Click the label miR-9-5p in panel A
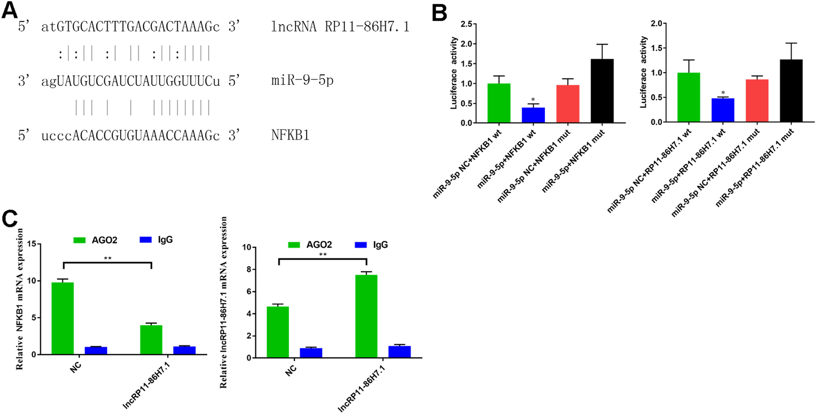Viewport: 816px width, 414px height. pyautogui.click(x=302, y=81)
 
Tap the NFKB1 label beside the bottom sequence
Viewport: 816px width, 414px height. pyautogui.click(x=290, y=135)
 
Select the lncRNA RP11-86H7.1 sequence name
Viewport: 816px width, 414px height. pyautogui.click(x=340, y=27)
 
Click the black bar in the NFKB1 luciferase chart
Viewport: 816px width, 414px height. pyautogui.click(x=602, y=91)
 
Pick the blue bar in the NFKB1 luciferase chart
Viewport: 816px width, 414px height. pyautogui.click(x=533, y=115)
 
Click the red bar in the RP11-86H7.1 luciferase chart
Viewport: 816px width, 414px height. pyautogui.click(x=757, y=101)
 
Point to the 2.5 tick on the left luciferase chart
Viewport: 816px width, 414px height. pyautogui.click(x=466, y=24)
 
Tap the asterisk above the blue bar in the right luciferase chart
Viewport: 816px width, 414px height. pyautogui.click(x=723, y=93)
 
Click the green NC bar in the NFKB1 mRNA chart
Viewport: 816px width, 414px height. pyautogui.click(x=63, y=318)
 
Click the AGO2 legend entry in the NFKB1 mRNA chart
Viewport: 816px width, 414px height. pyautogui.click(x=96, y=240)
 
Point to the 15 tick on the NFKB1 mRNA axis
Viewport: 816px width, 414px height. pyautogui.click(x=31, y=244)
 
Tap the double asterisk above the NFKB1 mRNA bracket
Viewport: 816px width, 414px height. pyautogui.click(x=107, y=259)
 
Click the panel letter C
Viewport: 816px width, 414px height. pyautogui.click(x=10, y=219)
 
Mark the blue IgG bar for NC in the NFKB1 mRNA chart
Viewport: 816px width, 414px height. pyautogui.click(x=96, y=351)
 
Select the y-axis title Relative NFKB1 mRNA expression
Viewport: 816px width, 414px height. pyautogui.click(x=20, y=299)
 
